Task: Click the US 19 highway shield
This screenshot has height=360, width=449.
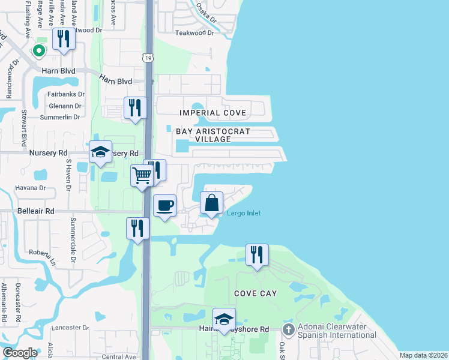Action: [x=147, y=58]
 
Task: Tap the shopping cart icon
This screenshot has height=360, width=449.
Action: [x=142, y=176]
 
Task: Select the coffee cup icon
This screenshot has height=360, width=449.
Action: [x=164, y=206]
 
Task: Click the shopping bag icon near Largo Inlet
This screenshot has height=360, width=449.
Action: [x=211, y=202]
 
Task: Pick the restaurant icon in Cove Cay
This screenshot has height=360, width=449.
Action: [x=257, y=254]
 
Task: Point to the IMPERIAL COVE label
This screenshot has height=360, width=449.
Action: [x=204, y=113]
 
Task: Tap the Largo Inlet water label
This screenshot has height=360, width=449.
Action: [x=243, y=213]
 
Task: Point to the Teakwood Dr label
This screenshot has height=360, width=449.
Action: [x=194, y=33]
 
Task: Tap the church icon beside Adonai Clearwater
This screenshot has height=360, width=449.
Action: [x=288, y=329]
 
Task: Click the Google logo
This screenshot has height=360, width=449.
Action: [x=20, y=353]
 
